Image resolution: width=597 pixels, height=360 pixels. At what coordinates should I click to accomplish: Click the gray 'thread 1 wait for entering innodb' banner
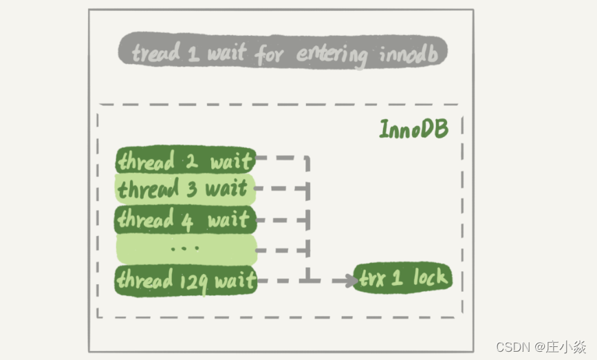pyautogui.click(x=283, y=52)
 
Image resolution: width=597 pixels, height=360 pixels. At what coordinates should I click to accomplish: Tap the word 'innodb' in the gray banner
pyautogui.click(x=408, y=53)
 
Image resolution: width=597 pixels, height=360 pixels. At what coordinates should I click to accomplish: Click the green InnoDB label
pyautogui.click(x=413, y=129)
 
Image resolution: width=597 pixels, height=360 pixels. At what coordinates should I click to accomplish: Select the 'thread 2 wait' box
pyautogui.click(x=186, y=162)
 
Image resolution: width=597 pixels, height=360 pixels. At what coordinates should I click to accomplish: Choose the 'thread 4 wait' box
pyautogui.click(x=186, y=220)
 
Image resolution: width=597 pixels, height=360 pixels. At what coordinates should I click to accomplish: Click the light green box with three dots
pyautogui.click(x=186, y=249)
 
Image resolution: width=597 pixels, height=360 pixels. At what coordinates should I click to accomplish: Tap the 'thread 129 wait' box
pyautogui.click(x=186, y=280)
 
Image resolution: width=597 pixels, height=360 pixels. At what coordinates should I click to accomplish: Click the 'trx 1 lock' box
pyautogui.click(x=403, y=279)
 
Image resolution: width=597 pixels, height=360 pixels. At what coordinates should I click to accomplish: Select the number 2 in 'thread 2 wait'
pyautogui.click(x=191, y=162)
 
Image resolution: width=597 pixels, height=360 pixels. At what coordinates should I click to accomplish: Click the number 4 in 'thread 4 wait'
pyautogui.click(x=187, y=220)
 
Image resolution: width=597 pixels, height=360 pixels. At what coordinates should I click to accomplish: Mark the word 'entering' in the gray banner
pyautogui.click(x=332, y=54)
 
